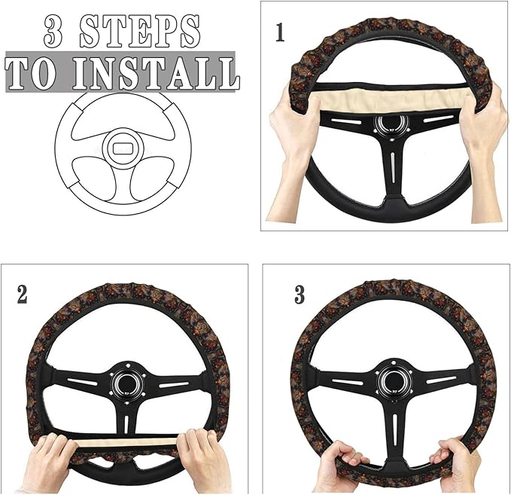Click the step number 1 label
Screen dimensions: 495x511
[x=280, y=34]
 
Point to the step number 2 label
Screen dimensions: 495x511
[x=22, y=294]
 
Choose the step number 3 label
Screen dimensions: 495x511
[x=300, y=295]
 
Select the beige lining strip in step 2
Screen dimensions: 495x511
[x=128, y=441]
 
